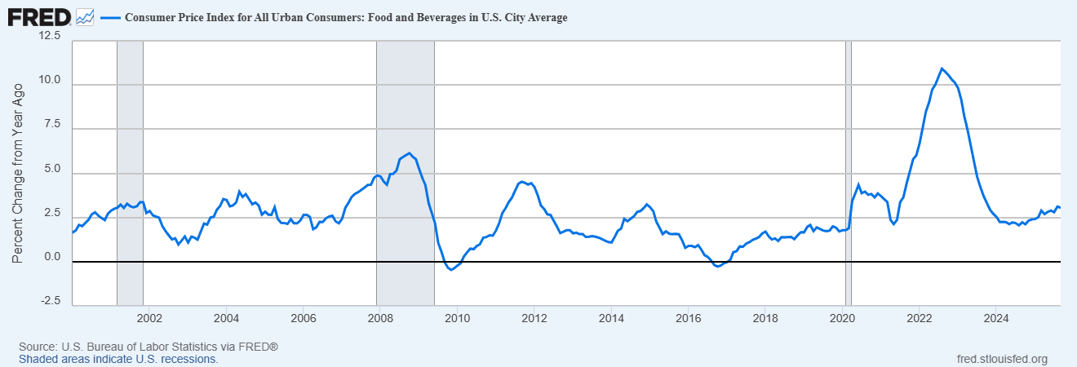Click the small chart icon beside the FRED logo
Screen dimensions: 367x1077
[85, 16]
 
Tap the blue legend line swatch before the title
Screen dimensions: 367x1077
[109, 17]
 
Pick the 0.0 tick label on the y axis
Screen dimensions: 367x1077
[52, 257]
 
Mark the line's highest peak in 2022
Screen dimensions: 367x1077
[942, 68]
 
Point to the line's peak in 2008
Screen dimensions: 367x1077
[409, 153]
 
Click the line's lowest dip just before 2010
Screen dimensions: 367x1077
[451, 269]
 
